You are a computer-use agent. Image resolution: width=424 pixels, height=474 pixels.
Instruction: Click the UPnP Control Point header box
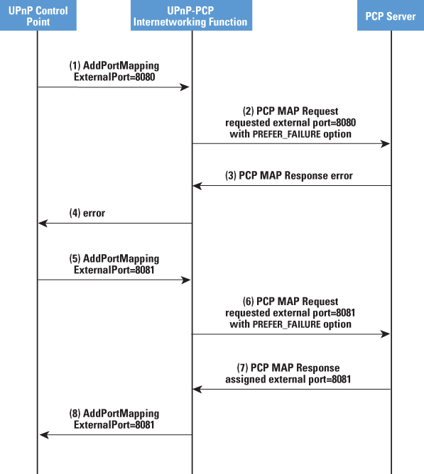click(x=38, y=15)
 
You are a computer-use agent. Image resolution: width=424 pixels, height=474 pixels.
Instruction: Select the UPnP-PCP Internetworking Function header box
click(x=191, y=15)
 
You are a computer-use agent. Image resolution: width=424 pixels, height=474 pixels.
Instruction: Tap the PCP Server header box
click(x=391, y=15)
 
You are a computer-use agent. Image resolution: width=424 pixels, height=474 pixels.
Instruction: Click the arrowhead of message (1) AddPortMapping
click(x=185, y=87)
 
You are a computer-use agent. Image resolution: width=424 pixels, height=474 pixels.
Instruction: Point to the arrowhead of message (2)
click(x=385, y=143)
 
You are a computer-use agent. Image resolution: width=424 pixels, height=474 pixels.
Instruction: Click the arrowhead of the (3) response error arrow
click(x=197, y=186)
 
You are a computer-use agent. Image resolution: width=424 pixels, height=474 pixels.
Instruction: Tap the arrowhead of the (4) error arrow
click(x=43, y=224)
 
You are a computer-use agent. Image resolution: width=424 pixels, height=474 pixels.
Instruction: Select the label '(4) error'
click(x=87, y=213)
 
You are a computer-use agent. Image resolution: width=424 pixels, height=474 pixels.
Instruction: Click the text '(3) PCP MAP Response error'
click(x=289, y=176)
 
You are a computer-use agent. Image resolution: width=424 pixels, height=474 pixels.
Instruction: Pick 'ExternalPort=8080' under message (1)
click(x=114, y=77)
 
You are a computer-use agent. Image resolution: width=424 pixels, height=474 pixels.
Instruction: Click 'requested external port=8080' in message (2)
click(x=290, y=123)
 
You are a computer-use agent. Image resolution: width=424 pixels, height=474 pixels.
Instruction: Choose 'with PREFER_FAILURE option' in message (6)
click(x=290, y=324)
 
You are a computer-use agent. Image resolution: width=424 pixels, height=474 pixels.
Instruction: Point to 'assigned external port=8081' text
click(x=288, y=380)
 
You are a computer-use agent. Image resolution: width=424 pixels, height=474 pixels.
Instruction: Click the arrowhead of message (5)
click(x=185, y=280)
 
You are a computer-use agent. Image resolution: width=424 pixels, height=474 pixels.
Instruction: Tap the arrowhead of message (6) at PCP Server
click(x=385, y=334)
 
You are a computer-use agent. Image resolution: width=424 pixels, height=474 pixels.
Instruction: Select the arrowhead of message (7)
click(x=197, y=390)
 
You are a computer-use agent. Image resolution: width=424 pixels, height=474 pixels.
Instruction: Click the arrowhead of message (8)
click(x=44, y=435)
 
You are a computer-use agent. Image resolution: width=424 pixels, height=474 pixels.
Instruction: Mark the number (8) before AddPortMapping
click(x=75, y=414)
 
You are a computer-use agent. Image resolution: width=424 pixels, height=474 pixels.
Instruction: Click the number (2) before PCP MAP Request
click(x=248, y=111)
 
